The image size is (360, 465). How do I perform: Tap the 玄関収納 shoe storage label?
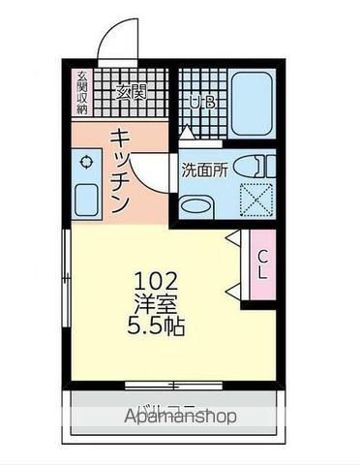(82, 94)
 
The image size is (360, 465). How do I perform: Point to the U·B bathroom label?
(201, 101)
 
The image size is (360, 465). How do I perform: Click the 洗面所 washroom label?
(204, 168)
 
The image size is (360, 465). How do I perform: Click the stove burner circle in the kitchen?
(86, 163)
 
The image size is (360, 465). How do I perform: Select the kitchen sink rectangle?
(86, 201)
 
